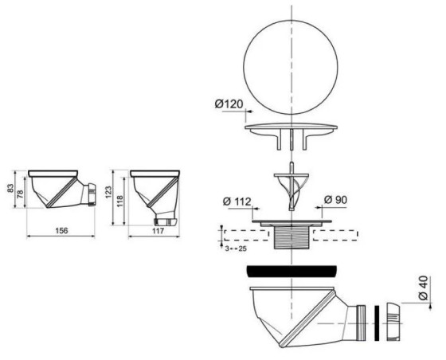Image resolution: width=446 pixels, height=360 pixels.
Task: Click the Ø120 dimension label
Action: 229,104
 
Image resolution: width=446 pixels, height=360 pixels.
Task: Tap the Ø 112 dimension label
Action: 237,202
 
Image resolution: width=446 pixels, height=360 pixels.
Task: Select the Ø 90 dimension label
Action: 335,200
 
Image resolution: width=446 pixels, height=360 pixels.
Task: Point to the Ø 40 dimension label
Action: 424,288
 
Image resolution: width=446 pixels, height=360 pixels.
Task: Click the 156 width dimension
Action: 61,231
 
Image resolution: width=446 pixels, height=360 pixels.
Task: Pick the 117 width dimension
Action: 158,231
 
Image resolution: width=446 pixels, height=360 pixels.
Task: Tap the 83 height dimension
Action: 10,188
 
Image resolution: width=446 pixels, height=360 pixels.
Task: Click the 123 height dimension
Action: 109,193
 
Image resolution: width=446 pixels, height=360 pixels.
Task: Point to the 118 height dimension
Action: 119,201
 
